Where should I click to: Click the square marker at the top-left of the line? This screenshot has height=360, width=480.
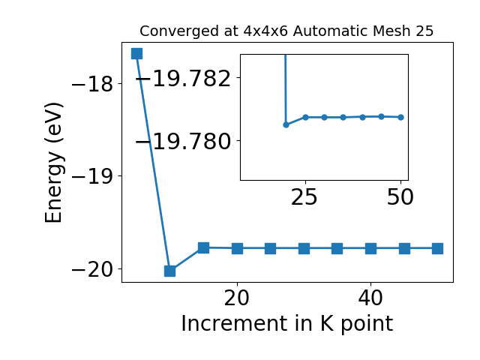point(136,53)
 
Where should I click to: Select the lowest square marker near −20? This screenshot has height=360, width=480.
point(170,271)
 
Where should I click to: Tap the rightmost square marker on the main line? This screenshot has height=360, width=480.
point(437,248)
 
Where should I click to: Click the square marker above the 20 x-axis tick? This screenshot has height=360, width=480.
point(237,248)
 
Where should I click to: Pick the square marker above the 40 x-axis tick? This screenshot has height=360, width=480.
point(370,248)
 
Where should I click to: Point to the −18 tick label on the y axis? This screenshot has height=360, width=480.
point(92,84)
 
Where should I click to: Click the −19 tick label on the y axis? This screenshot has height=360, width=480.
point(92,176)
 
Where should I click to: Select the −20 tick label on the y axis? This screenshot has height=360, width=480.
point(92,269)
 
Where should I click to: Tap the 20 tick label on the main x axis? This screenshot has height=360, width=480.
point(237,298)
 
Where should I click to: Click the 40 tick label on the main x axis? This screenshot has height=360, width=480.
point(370,298)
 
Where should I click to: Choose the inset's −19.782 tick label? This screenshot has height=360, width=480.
point(183,78)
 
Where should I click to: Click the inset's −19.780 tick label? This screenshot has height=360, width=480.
point(183,141)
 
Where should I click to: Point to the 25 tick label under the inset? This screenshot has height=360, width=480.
point(304,197)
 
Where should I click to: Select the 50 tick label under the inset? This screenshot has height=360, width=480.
point(400,197)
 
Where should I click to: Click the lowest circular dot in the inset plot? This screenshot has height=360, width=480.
point(286,125)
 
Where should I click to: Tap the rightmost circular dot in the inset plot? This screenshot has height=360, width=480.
point(400,117)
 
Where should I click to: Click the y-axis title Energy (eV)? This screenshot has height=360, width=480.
point(54,163)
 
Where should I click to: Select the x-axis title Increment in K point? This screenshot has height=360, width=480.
point(287,324)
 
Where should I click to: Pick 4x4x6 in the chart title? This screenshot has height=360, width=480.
point(265,31)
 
